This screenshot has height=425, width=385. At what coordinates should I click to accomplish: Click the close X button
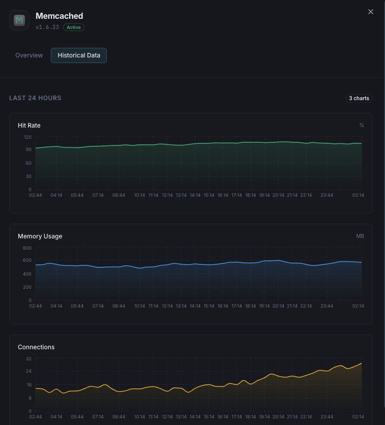point(371,12)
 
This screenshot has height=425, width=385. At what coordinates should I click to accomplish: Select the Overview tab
point(29,55)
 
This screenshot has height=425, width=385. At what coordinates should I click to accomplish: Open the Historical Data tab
point(79,55)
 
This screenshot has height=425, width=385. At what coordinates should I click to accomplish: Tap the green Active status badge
point(74,27)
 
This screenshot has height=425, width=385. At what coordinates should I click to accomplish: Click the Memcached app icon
point(19,20)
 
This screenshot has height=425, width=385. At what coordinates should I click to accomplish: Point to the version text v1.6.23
point(47,27)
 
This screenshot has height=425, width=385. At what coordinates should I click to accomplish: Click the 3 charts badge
point(359,98)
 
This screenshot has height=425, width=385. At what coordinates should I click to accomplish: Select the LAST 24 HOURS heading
point(35,98)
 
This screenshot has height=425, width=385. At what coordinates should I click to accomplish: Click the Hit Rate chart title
point(29,125)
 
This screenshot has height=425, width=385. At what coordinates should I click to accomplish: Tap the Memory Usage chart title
point(40,236)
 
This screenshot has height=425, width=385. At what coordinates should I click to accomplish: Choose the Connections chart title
point(36,347)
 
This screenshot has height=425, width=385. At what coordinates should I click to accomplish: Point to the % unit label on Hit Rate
point(362,125)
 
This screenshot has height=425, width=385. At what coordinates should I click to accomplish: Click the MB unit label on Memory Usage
point(360,236)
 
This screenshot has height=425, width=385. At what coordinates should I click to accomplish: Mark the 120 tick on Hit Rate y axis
point(27,137)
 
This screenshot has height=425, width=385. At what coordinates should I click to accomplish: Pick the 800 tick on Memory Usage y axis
point(27,248)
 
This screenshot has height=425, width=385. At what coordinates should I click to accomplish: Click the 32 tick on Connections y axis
point(28,359)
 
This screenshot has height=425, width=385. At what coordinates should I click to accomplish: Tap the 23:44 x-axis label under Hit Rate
point(327,195)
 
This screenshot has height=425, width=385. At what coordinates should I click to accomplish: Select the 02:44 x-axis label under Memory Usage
point(36,306)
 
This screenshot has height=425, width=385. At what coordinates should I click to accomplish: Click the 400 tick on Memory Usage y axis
point(27,274)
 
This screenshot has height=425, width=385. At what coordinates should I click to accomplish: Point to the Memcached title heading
point(59,16)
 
